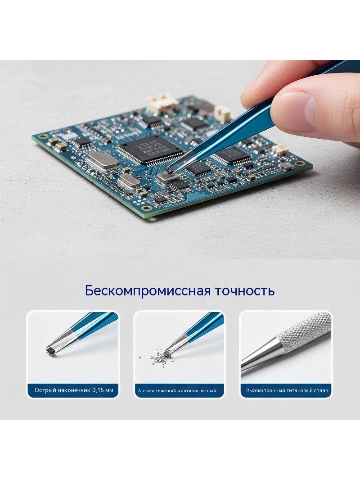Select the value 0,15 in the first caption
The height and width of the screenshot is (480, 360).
(x=98, y=390)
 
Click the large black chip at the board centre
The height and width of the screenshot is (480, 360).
(x=149, y=149)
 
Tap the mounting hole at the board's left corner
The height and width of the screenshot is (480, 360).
(x=44, y=136)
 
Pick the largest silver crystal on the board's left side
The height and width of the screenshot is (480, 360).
(x=102, y=160)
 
